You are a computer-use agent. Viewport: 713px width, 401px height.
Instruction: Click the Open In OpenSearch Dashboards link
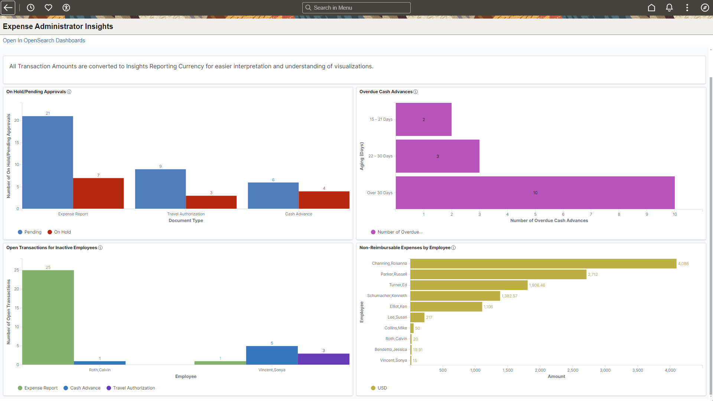tap(44, 40)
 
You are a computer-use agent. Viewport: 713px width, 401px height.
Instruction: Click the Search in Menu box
tap(356, 8)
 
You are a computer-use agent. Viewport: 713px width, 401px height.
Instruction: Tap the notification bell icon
tap(669, 8)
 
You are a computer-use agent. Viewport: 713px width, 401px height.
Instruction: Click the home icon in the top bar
tap(651, 8)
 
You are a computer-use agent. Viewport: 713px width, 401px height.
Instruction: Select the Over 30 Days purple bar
tap(535, 193)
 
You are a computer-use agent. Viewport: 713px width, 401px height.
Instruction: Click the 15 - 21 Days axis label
tap(381, 119)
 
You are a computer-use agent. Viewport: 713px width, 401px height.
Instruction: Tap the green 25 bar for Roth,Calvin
tap(48, 317)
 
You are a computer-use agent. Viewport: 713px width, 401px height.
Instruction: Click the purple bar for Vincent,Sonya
tap(323, 359)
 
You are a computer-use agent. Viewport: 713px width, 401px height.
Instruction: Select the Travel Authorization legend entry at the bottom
tap(134, 388)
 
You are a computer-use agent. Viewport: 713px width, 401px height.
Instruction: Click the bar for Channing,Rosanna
tap(543, 264)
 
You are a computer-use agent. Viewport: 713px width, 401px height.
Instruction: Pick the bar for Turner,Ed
tap(469, 285)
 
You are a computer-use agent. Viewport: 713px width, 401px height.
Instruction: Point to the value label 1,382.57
tap(509, 296)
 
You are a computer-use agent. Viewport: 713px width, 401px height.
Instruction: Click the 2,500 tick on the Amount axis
tap(573, 370)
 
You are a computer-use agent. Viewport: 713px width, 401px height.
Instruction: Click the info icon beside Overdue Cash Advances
tap(416, 92)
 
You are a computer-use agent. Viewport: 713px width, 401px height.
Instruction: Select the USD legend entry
tap(382, 388)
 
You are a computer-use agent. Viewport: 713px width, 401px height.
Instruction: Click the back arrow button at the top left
tap(8, 8)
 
